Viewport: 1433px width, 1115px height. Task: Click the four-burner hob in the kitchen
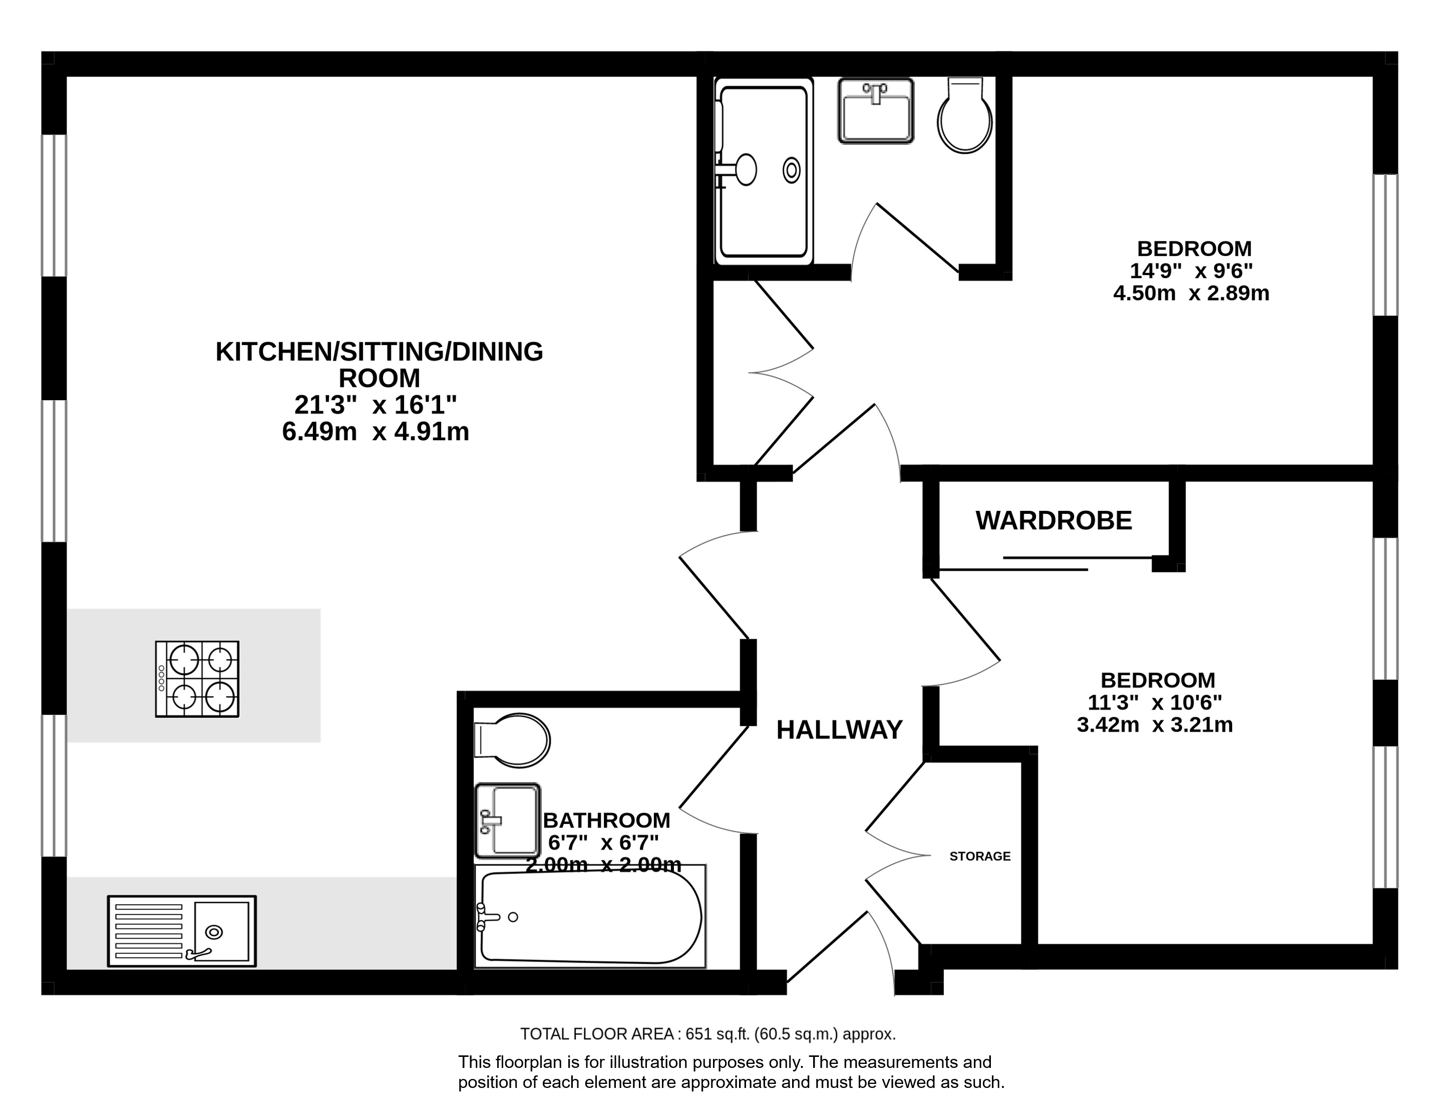197,679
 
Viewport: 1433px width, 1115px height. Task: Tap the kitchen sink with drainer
182,931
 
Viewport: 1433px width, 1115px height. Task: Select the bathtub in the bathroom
590,916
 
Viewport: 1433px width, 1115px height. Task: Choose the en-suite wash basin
876,111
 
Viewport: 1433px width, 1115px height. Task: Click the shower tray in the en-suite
764,171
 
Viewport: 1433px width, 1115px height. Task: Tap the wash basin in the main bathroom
508,820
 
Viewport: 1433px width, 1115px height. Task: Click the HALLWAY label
839,730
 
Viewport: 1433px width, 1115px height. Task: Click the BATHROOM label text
607,820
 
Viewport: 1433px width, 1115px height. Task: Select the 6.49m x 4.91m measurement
376,432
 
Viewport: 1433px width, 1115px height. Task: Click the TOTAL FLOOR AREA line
708,1034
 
